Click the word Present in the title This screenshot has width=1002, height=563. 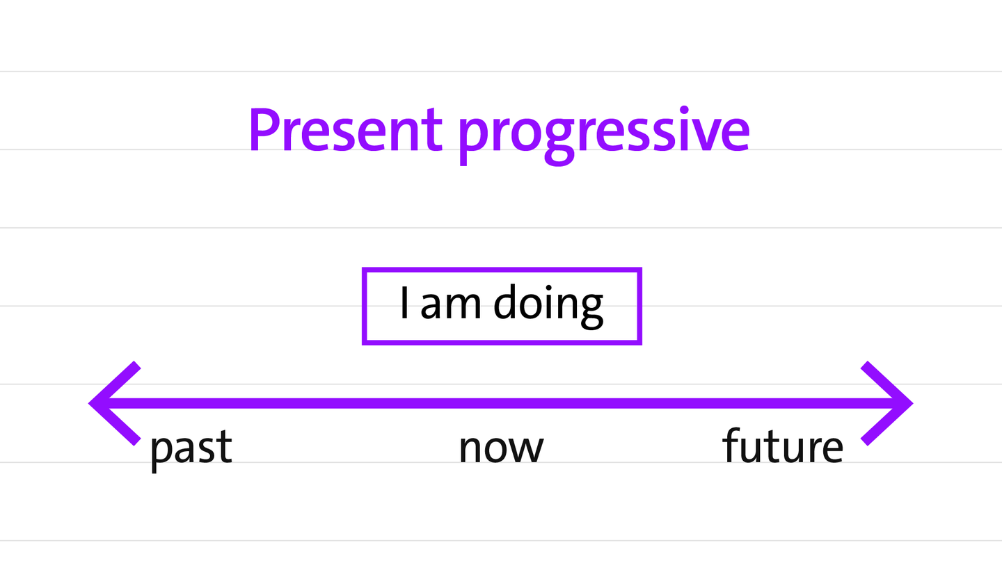point(346,130)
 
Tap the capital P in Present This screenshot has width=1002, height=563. point(266,130)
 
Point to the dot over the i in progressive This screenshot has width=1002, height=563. point(684,110)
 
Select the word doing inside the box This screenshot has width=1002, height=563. point(548,306)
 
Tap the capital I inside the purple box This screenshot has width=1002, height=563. point(404,302)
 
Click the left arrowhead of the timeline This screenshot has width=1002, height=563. point(115,403)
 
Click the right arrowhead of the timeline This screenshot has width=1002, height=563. point(887,403)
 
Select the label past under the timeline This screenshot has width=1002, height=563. point(191,450)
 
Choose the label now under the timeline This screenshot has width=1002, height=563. point(502,448)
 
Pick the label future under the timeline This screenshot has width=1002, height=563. point(782,446)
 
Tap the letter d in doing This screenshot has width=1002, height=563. point(507,302)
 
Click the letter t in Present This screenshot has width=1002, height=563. point(431,131)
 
